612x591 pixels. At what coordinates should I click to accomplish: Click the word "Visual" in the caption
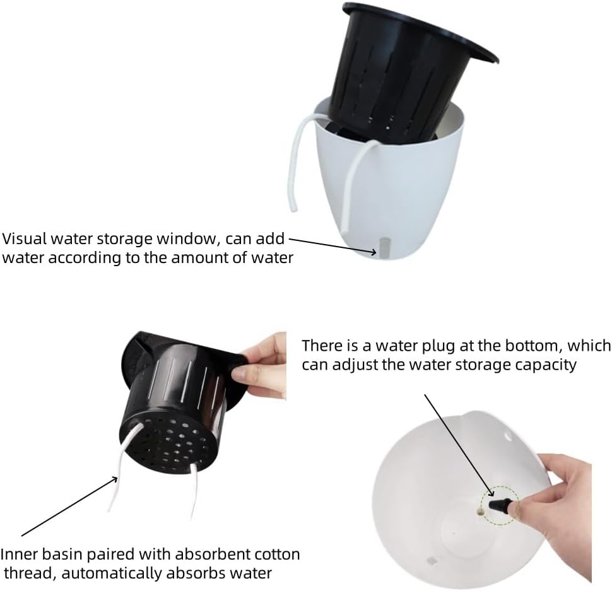24,239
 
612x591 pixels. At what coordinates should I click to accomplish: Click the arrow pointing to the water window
333,247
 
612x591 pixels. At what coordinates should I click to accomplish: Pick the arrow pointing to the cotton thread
69,506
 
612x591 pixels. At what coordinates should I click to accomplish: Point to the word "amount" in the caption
200,258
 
